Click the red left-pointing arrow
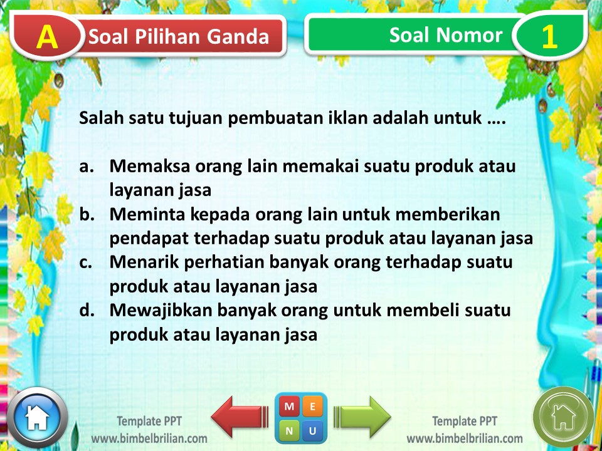point(238,416)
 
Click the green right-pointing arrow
point(362,416)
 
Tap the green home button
point(562,417)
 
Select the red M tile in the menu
point(289,407)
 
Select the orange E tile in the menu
point(313,407)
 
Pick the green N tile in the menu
point(289,431)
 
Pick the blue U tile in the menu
point(313,431)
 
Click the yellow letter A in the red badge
point(46,38)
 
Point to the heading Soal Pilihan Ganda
point(179,37)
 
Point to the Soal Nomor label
point(446,35)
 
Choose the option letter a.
point(86,167)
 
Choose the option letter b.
point(87,215)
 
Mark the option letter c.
point(86,262)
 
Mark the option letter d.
point(87,310)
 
